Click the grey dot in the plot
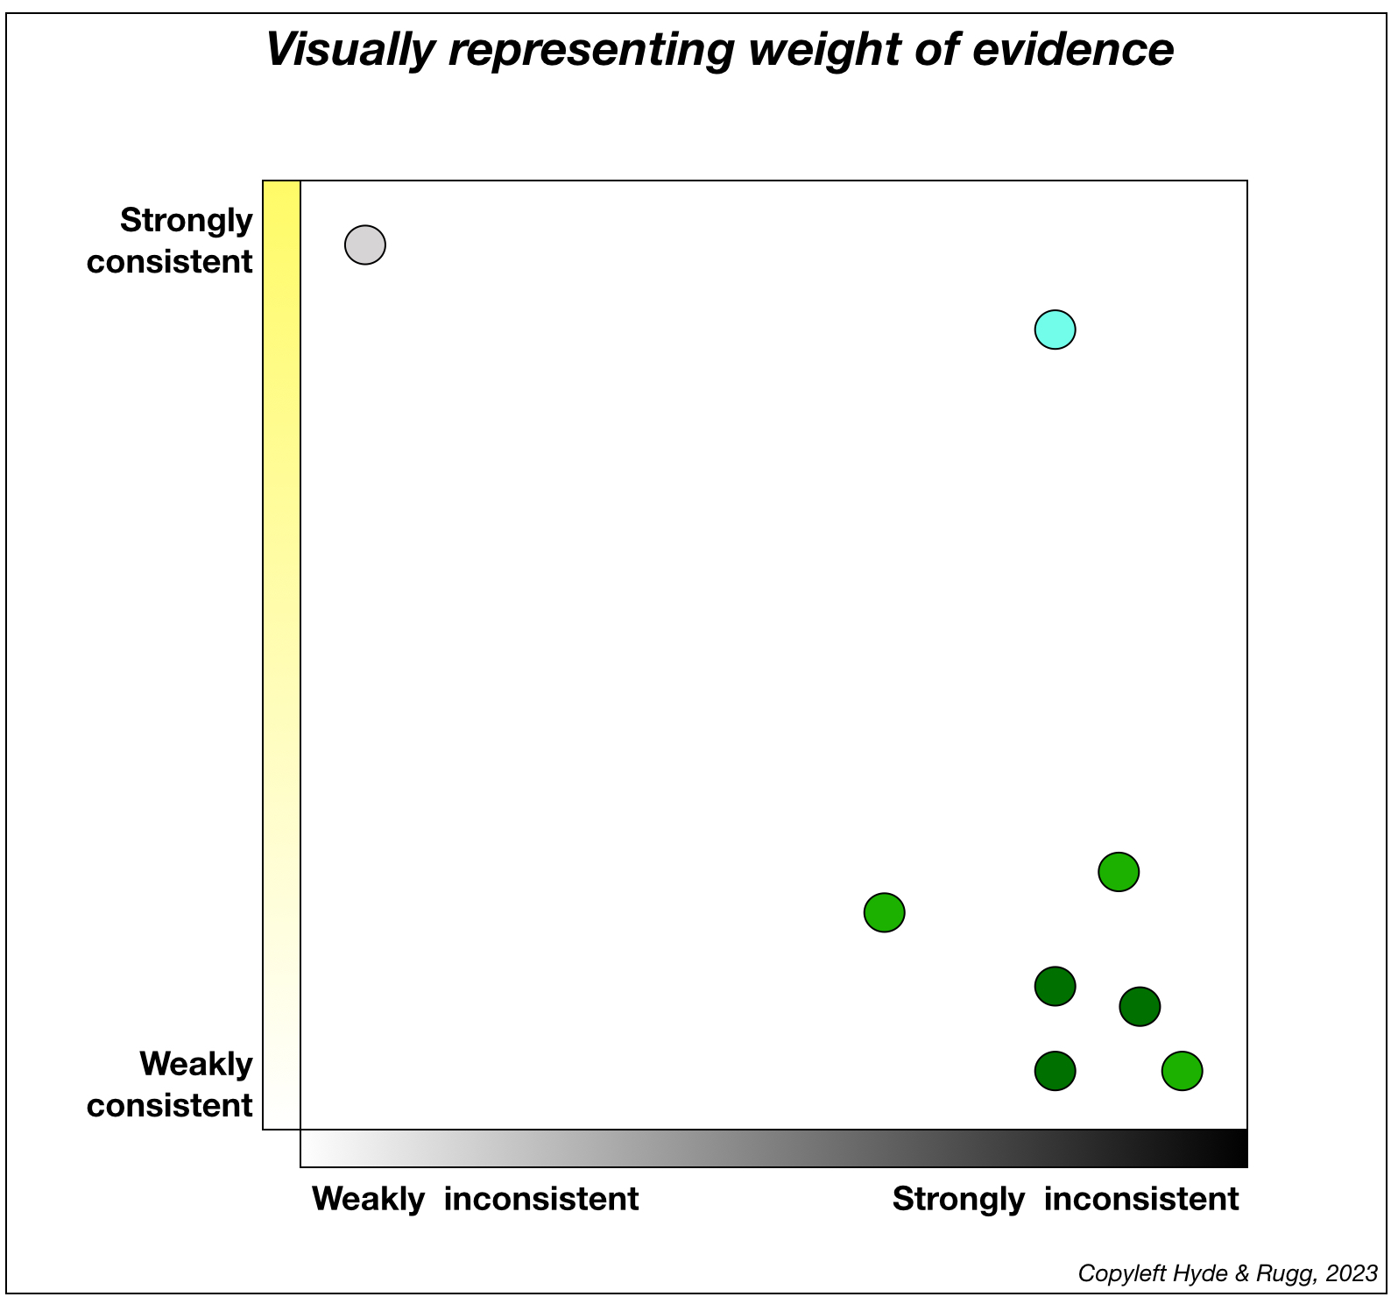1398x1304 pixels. (x=365, y=244)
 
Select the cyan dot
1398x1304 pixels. (x=1055, y=330)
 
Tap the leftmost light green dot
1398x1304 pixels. (x=884, y=912)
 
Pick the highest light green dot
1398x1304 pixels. (x=1119, y=871)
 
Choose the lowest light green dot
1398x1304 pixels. (x=1182, y=1070)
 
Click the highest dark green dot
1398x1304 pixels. (x=1055, y=986)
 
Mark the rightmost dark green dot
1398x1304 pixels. (x=1140, y=1006)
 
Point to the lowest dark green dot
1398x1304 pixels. (x=1055, y=1070)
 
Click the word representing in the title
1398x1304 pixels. (x=591, y=49)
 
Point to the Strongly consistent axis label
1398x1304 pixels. (x=170, y=240)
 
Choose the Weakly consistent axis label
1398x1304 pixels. (x=170, y=1084)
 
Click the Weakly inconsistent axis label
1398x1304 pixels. (x=475, y=1198)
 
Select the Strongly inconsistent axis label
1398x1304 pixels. (x=1065, y=1198)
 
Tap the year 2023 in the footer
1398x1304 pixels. (x=1352, y=1272)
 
